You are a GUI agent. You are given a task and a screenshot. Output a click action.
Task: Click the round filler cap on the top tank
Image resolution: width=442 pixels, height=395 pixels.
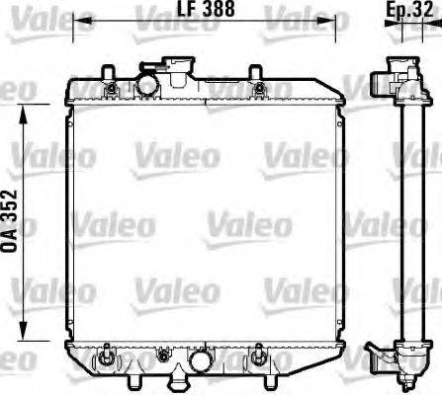coord(148,85)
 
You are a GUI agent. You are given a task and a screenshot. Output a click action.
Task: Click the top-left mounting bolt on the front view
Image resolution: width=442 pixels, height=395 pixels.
coord(110,91)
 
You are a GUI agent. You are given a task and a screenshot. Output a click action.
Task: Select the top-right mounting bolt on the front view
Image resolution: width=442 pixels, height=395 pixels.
coord(258,91)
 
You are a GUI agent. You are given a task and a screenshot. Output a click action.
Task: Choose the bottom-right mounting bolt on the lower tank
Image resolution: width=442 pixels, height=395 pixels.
coord(260,354)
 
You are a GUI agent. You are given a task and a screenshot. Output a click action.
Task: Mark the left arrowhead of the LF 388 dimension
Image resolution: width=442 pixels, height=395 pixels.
coord(80,20)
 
